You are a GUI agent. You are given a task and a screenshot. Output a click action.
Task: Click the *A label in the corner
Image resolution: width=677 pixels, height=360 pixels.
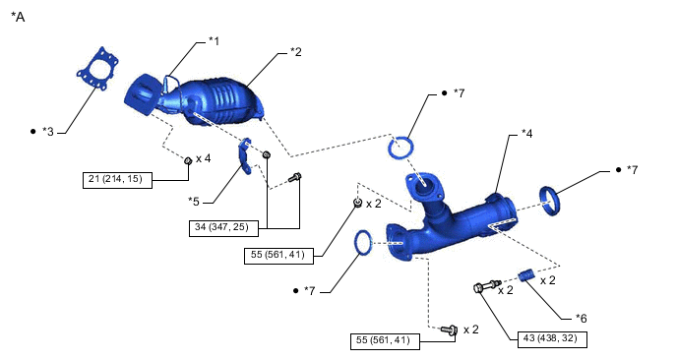[x=18, y=17]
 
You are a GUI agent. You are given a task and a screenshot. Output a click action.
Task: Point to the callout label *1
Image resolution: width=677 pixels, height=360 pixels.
[x=215, y=41]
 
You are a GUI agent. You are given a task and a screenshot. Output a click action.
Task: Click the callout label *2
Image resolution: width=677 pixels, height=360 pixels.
[x=296, y=52]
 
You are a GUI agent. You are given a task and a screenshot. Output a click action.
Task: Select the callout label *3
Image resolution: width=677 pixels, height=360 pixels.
[x=48, y=132]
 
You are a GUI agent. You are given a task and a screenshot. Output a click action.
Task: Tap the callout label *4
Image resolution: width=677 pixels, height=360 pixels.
[x=526, y=134]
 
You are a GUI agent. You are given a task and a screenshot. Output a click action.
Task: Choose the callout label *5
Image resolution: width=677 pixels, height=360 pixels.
[x=194, y=202]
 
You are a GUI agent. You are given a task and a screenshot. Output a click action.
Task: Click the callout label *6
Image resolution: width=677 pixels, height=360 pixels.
[x=582, y=318]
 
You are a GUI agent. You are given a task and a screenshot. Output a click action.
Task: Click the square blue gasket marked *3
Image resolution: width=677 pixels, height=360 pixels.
[x=98, y=69]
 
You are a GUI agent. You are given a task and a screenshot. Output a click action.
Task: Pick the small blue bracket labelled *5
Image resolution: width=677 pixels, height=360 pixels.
[x=245, y=156]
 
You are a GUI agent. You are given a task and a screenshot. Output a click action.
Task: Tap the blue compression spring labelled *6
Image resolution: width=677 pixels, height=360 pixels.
[x=526, y=275]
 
